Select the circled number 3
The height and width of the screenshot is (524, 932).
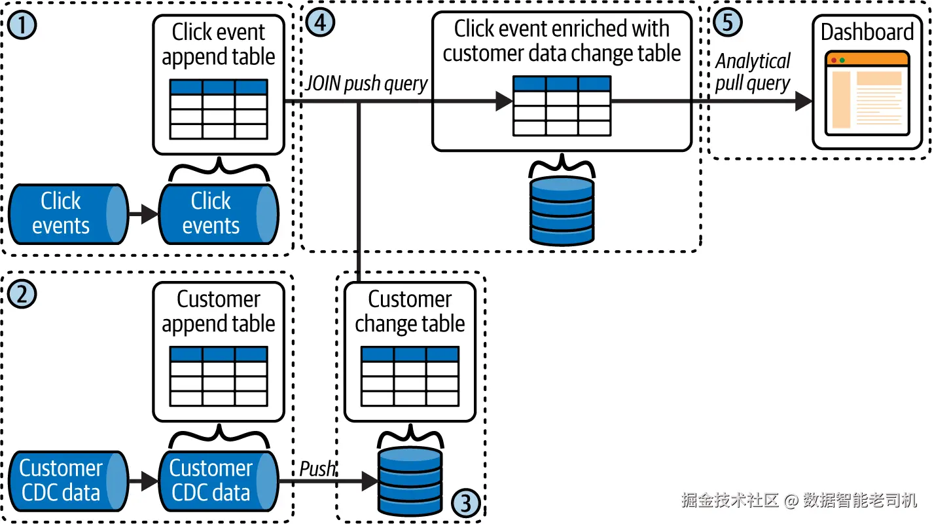click(465, 503)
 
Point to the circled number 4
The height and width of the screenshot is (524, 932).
click(321, 22)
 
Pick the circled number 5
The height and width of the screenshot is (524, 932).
click(728, 22)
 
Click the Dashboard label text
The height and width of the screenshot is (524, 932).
click(867, 32)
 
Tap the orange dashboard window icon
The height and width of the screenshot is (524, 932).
click(867, 90)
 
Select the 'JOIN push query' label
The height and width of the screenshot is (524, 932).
click(367, 84)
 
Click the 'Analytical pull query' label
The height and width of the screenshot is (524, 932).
click(753, 73)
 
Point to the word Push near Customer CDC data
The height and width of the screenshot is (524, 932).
click(317, 469)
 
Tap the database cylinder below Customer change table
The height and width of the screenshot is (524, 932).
click(410, 481)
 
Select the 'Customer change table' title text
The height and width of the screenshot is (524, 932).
click(410, 312)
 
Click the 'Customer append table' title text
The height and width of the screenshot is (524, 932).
click(219, 312)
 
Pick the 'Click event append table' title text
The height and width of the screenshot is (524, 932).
click(219, 45)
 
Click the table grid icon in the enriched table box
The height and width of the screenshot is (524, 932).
click(562, 106)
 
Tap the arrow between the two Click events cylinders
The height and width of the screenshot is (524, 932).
click(143, 214)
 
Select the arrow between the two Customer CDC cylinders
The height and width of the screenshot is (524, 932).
click(143, 481)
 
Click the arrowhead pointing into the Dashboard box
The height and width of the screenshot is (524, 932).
click(803, 101)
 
